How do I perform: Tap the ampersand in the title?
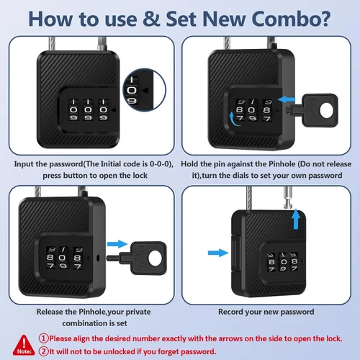[x=151, y=19]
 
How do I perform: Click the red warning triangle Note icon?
[x=24, y=345]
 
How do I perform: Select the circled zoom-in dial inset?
[x=145, y=90]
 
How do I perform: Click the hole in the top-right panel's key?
[x=327, y=111]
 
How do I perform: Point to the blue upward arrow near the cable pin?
[x=296, y=219]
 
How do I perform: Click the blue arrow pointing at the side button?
[x=218, y=253]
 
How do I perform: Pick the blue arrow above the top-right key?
[x=287, y=99]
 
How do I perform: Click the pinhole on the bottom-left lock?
[x=98, y=258]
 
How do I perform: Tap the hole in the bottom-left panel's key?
[x=155, y=258]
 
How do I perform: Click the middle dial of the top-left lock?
[x=88, y=109]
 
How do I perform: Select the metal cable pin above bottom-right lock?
[x=287, y=197]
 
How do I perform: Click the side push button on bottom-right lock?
[x=233, y=253]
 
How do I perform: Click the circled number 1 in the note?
[x=43, y=338]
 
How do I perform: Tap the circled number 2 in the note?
[x=43, y=351]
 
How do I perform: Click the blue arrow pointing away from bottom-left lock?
[x=117, y=244]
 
